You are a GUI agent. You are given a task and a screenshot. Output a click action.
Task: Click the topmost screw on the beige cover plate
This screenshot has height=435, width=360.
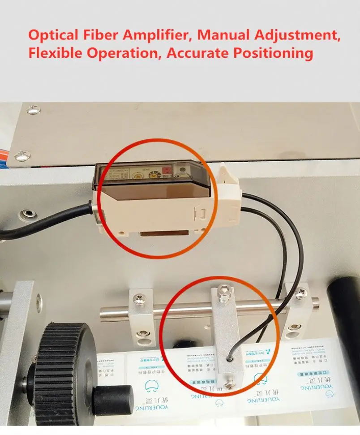click(32, 110)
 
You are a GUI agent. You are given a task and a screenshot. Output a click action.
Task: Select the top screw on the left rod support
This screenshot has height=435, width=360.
click(139, 297)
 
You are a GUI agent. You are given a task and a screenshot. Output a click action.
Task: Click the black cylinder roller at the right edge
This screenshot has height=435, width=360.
click(345, 323)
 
